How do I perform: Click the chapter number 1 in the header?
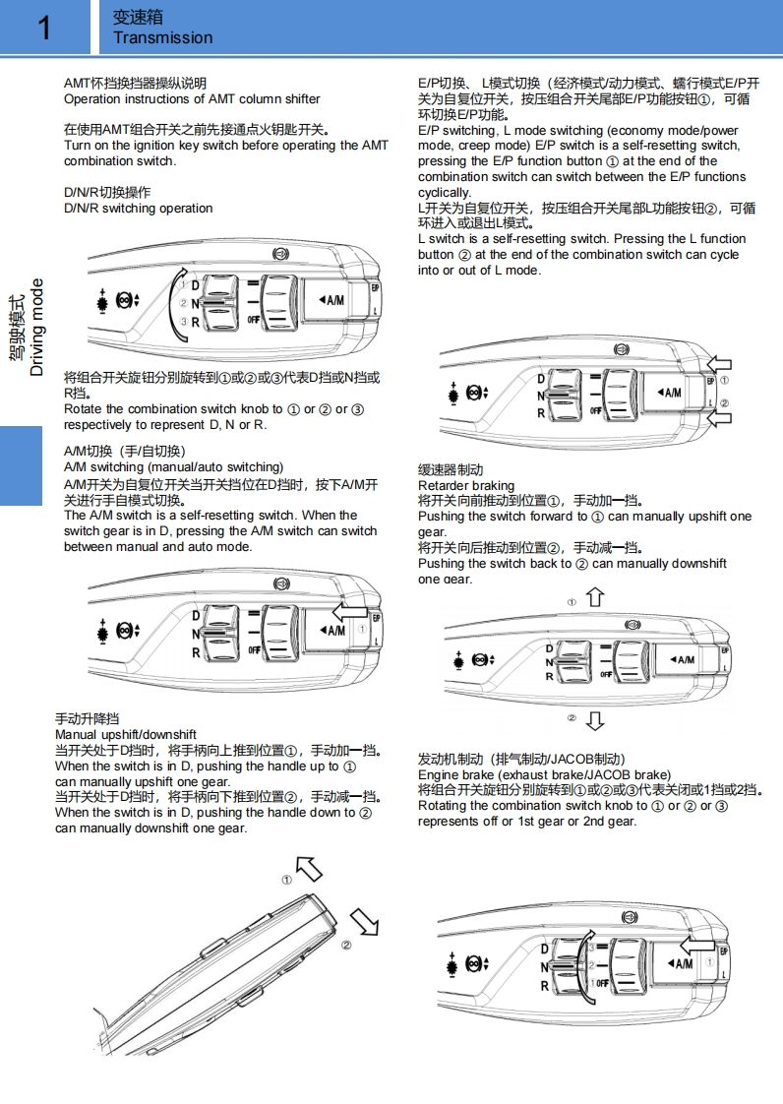click(x=43, y=28)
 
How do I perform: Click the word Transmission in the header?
click(x=162, y=38)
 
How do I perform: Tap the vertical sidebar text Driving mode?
click(x=37, y=328)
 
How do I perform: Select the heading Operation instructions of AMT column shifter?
click(x=192, y=99)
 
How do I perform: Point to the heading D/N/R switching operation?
click(x=138, y=209)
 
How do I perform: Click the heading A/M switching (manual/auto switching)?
click(x=173, y=467)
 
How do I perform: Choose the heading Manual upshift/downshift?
click(x=126, y=735)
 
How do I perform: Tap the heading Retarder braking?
click(x=466, y=486)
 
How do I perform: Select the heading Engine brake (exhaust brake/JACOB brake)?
click(x=544, y=775)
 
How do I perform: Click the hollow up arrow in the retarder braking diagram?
click(x=595, y=597)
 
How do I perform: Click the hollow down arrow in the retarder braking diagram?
click(x=595, y=721)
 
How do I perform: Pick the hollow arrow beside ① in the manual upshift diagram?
click(x=309, y=869)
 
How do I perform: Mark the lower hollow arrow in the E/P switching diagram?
click(x=719, y=419)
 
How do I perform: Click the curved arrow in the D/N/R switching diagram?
click(x=178, y=294)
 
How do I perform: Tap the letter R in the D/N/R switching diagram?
click(x=195, y=322)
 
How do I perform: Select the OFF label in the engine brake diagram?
click(x=602, y=983)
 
